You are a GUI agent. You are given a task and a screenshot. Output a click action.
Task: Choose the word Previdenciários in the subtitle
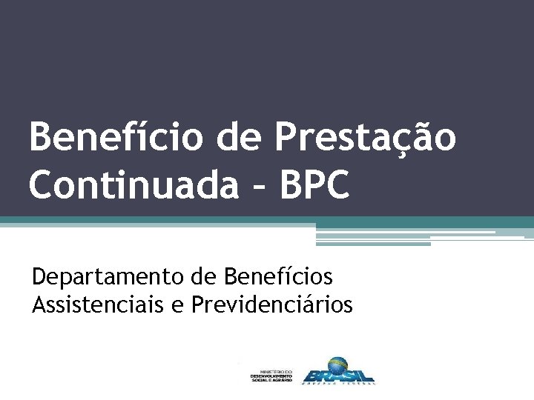(x=271, y=304)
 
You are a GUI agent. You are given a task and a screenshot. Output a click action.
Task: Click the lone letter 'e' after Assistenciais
(x=179, y=305)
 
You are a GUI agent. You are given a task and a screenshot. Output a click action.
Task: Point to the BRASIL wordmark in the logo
(x=338, y=373)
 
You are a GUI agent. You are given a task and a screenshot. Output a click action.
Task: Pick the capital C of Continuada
(x=44, y=185)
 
